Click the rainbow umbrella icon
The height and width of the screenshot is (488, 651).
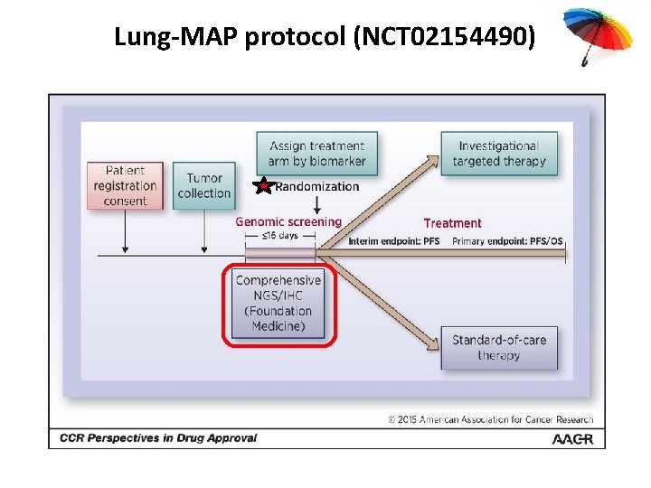click(x=591, y=33)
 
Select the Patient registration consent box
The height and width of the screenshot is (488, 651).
click(x=125, y=185)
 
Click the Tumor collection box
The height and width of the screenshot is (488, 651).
click(x=203, y=185)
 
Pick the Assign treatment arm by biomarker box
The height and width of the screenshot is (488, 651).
click(x=316, y=154)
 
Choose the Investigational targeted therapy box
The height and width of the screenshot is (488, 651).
click(x=500, y=154)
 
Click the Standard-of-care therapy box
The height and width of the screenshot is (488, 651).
click(x=499, y=348)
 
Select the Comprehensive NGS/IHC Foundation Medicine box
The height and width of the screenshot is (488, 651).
click(x=278, y=304)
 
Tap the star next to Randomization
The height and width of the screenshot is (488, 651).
click(x=262, y=187)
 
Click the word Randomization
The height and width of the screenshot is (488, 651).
click(x=316, y=187)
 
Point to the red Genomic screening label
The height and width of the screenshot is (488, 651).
click(x=288, y=221)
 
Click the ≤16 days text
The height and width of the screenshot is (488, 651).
click(x=279, y=236)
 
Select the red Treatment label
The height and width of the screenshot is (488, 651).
click(x=452, y=222)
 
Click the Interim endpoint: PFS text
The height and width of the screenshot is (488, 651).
click(x=394, y=241)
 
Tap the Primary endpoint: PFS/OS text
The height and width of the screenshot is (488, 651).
click(x=506, y=241)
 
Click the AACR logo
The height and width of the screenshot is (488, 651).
click(x=573, y=438)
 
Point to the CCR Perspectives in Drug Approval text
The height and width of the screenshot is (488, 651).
click(x=158, y=438)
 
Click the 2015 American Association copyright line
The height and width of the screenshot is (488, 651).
click(x=491, y=419)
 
